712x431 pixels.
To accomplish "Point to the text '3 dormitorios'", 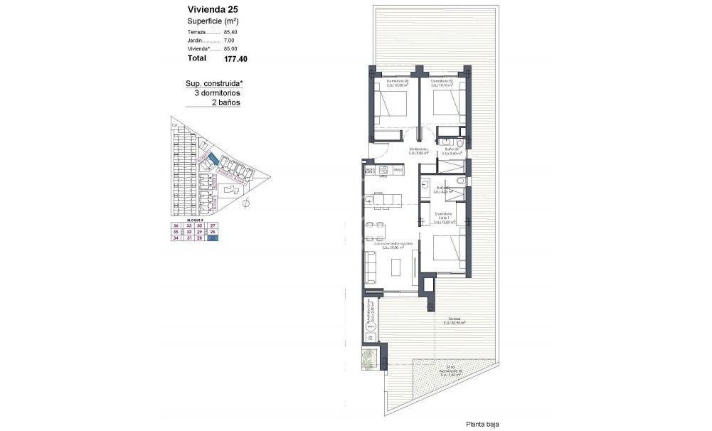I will point(217,93).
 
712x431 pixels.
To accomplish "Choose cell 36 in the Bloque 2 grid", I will point(175,225).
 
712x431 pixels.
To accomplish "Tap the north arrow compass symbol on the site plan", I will point(245,204).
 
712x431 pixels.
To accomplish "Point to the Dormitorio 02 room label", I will point(442,83).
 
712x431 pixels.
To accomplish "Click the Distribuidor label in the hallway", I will point(418,151).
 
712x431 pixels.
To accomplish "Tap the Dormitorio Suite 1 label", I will point(445,218).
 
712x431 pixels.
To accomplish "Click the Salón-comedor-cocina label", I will point(384,245).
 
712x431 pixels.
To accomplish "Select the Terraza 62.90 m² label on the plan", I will point(453,320).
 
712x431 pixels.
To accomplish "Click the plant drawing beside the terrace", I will point(370,359).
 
